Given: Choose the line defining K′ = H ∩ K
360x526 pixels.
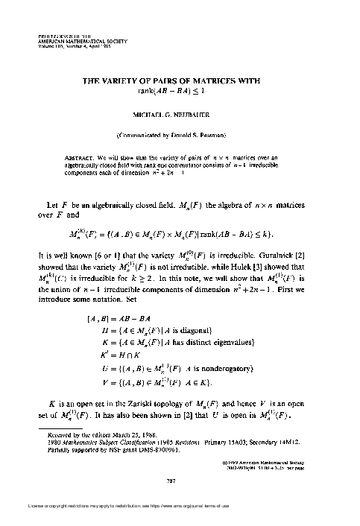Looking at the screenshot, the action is [136, 356].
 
